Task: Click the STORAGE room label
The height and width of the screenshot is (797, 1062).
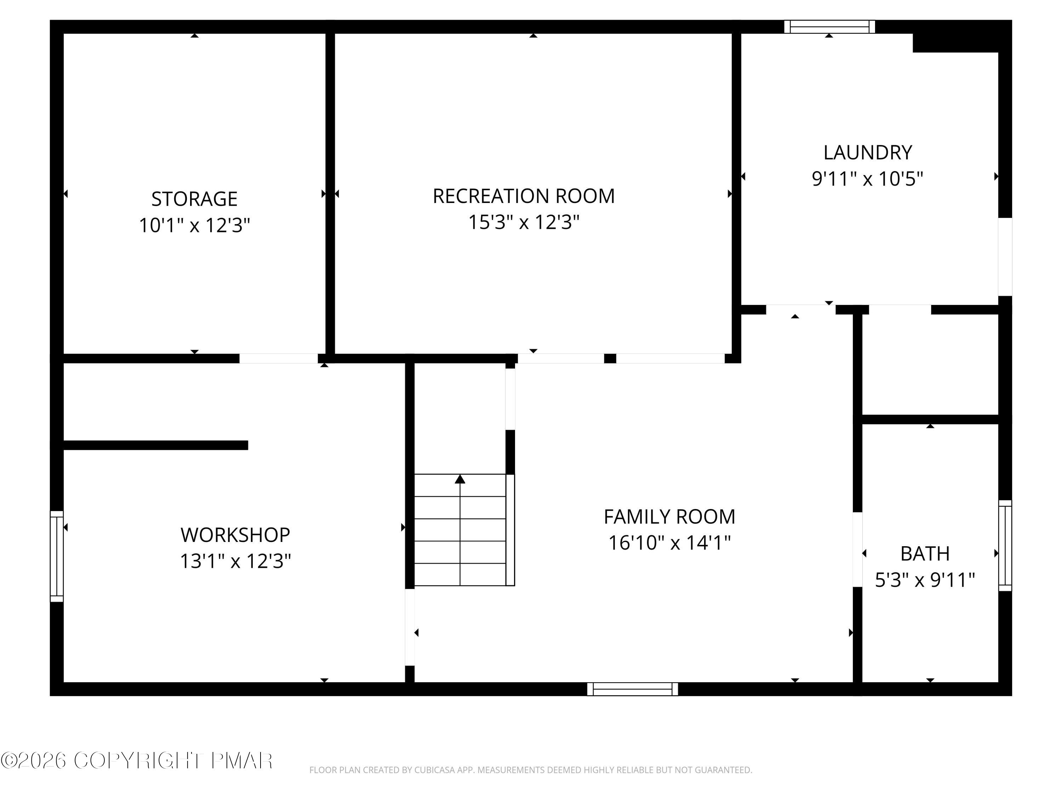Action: (x=194, y=199)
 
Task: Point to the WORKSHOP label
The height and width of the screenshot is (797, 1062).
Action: (x=235, y=535)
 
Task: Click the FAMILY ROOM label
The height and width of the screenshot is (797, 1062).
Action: (x=669, y=517)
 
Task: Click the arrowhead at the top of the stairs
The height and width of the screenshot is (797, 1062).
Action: (x=460, y=479)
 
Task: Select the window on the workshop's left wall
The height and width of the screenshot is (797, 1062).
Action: (x=57, y=556)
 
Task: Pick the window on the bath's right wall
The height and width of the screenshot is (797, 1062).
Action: (x=1005, y=545)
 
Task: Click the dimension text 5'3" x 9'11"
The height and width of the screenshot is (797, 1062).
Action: (x=925, y=580)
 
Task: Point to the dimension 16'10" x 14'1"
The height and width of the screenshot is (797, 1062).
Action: (x=669, y=543)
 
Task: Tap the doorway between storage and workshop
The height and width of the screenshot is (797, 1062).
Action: (x=279, y=358)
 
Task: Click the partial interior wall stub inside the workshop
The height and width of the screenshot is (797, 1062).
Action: (x=155, y=445)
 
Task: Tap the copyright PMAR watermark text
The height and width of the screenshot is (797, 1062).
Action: (x=137, y=761)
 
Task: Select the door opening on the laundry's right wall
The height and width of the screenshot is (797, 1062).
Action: (x=1005, y=257)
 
